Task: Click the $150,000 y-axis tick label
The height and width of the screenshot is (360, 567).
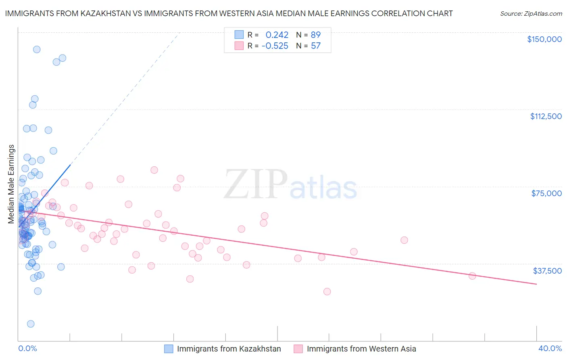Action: click(544, 39)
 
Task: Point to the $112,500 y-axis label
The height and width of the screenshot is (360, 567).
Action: click(546, 116)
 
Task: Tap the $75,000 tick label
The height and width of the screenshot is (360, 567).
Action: click(546, 193)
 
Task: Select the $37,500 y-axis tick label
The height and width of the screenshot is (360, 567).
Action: click(547, 271)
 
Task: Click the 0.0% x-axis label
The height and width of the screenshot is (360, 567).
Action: click(27, 348)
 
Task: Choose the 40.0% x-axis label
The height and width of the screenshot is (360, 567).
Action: click(550, 348)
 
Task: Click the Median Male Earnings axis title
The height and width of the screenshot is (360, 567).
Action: click(11, 184)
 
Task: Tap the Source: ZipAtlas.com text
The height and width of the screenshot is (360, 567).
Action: click(531, 14)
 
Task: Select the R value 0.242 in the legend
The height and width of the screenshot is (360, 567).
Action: click(277, 35)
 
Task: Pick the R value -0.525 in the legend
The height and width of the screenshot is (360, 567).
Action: click(275, 46)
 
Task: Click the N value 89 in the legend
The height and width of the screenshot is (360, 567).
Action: click(315, 35)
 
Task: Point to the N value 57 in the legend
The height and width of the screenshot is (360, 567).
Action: click(315, 46)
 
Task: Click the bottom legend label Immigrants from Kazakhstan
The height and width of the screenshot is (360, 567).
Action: click(229, 349)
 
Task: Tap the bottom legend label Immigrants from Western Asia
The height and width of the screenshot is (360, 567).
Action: click(361, 349)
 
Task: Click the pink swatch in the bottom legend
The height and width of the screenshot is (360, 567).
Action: click(298, 349)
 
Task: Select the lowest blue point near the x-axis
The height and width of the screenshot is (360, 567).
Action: click(31, 324)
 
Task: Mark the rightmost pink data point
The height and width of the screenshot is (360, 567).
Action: click(472, 276)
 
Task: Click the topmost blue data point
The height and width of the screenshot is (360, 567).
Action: click(37, 50)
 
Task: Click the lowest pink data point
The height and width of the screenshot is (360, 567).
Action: click(327, 291)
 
